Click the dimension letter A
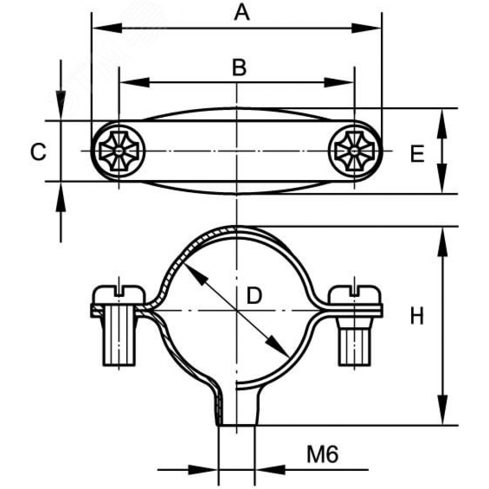tap(242, 13)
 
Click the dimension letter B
tap(239, 67)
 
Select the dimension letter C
tap(38, 152)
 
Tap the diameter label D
tap(254, 296)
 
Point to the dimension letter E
tap(417, 155)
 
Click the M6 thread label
tap(322, 456)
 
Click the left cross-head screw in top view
tap(119, 151)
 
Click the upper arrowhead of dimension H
tap(443, 240)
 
